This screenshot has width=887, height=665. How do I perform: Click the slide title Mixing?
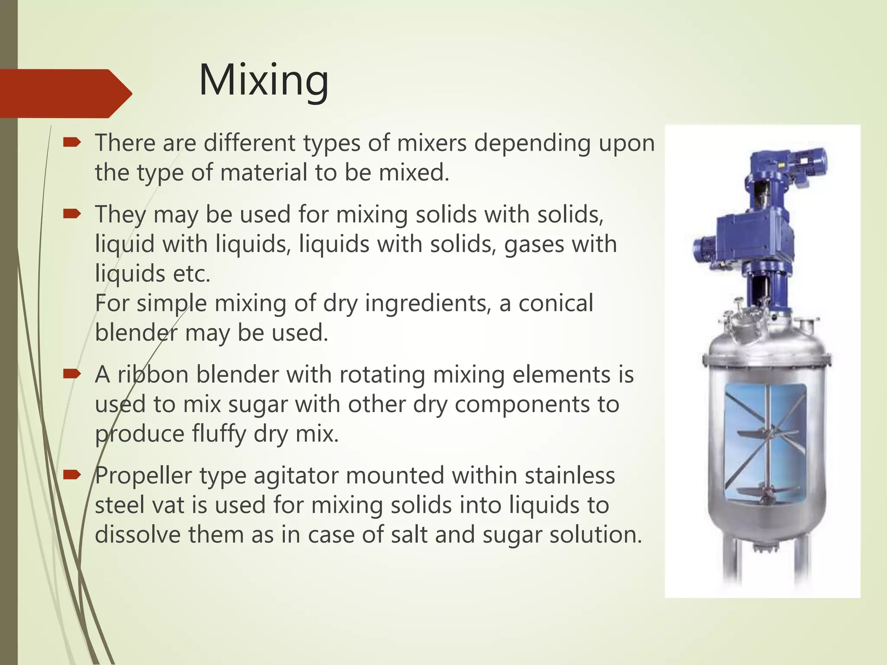(263, 81)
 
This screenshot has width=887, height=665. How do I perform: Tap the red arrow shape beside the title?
(65, 93)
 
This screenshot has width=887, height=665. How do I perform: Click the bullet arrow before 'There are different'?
(72, 142)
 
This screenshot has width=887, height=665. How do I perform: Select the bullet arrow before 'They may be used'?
(72, 213)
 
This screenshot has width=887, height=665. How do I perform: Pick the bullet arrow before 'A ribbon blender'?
(72, 374)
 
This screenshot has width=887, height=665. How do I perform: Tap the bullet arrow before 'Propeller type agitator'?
(72, 475)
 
